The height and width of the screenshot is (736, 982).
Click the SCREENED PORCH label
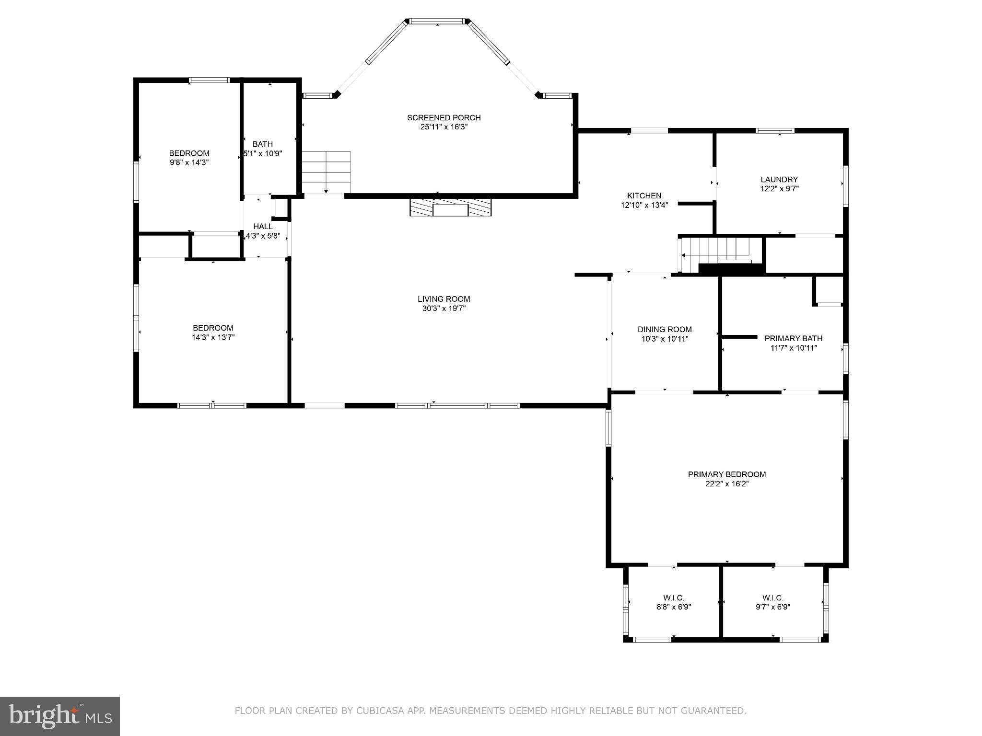point(444,117)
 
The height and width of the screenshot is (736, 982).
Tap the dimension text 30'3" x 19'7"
point(444,309)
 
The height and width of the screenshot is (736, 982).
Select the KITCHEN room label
point(644,195)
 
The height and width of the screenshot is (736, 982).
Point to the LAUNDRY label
point(779,180)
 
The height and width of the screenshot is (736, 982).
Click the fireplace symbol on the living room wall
point(451,208)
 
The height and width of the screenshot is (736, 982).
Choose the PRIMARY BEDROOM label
point(726,474)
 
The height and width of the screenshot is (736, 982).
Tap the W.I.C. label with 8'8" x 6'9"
point(673,598)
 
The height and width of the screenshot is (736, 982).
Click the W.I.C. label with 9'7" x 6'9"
point(772,598)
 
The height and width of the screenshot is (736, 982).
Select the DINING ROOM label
point(664,329)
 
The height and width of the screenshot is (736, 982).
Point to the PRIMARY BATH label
point(793,338)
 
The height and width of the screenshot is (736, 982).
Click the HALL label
point(263,226)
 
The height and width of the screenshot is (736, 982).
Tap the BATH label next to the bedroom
point(262,144)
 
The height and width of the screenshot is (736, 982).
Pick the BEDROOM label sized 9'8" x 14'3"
point(189,153)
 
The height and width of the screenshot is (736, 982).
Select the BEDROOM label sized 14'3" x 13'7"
point(213,328)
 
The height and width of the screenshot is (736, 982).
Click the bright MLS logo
point(60,716)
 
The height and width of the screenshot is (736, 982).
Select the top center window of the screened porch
point(437,21)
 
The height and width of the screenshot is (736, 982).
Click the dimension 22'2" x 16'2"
point(726,484)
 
